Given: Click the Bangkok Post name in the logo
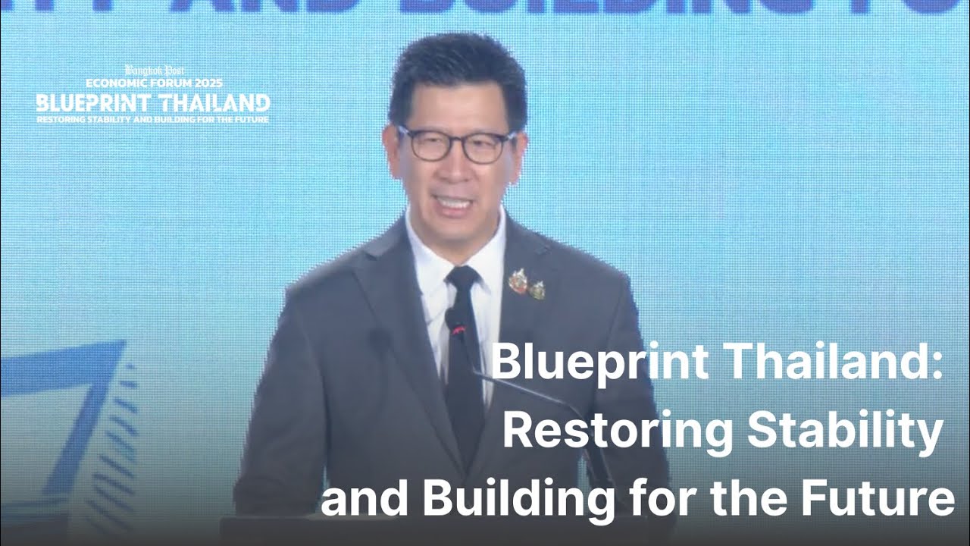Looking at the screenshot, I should [x=154, y=71].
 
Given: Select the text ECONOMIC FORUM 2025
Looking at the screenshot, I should [x=154, y=83].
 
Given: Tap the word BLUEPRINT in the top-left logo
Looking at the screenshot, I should [x=93, y=103].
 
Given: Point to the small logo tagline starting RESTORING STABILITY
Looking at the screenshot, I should [x=152, y=120].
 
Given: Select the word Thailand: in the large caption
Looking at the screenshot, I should [x=832, y=362].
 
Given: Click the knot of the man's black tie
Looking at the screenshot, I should [x=462, y=278].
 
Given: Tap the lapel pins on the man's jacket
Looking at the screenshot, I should [x=527, y=284].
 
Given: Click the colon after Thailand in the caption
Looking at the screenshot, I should [x=938, y=364].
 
